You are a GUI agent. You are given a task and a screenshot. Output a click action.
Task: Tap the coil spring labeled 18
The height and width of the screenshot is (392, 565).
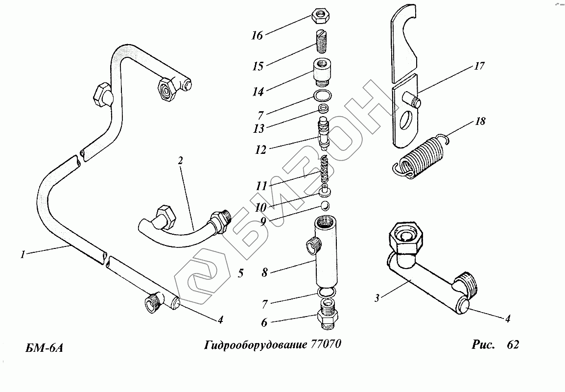coord(421,156)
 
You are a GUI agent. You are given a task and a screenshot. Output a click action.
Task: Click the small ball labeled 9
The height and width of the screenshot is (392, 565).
coord(326,206)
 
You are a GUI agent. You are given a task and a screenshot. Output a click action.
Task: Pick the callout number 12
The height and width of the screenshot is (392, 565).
coord(260,149)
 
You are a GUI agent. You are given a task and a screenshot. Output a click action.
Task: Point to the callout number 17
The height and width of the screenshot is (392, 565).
coord(480,66)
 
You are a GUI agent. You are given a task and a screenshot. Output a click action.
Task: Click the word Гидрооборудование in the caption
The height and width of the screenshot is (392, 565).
coord(255,345)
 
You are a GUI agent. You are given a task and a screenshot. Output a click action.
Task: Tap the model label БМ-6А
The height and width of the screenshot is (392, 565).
coord(45,348)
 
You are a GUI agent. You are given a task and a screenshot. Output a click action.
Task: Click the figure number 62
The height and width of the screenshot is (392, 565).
coord(513,344)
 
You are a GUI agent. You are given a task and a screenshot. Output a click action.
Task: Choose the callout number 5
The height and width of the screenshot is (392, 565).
coord(241,273)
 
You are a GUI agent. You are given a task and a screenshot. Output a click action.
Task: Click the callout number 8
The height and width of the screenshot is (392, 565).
coord(265,272)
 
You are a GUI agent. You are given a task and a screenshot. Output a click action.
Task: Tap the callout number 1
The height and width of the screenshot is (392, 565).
coord(23,255)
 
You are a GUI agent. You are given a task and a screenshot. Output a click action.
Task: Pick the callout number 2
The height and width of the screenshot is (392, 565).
coord(180,160)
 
